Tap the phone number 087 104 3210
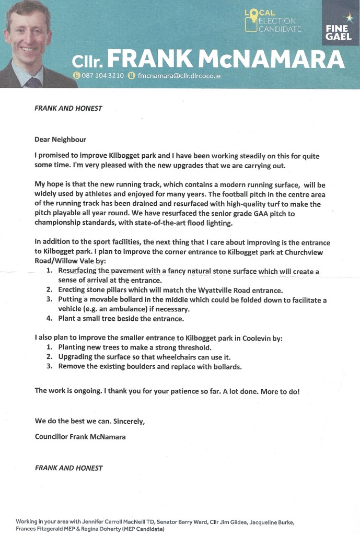tap(102, 75)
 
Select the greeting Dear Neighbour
tap(60, 139)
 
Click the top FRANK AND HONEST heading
tap(68, 109)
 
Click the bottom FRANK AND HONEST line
tap(68, 468)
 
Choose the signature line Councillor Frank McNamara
tap(80, 436)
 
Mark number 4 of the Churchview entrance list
tap(49, 318)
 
